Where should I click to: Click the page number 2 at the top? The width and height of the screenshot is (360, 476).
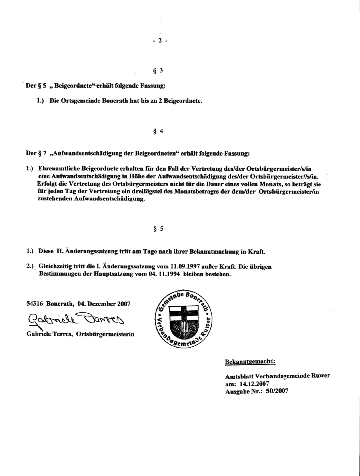pos(160,40)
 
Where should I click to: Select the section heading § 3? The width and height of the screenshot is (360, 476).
pos(158,71)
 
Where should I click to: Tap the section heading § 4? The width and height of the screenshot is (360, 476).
pos(158,131)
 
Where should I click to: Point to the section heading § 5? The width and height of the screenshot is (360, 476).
pos(158,229)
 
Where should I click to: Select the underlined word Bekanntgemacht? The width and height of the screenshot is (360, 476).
pos(250,362)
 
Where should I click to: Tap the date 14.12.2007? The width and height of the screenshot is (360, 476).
pos(257,384)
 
